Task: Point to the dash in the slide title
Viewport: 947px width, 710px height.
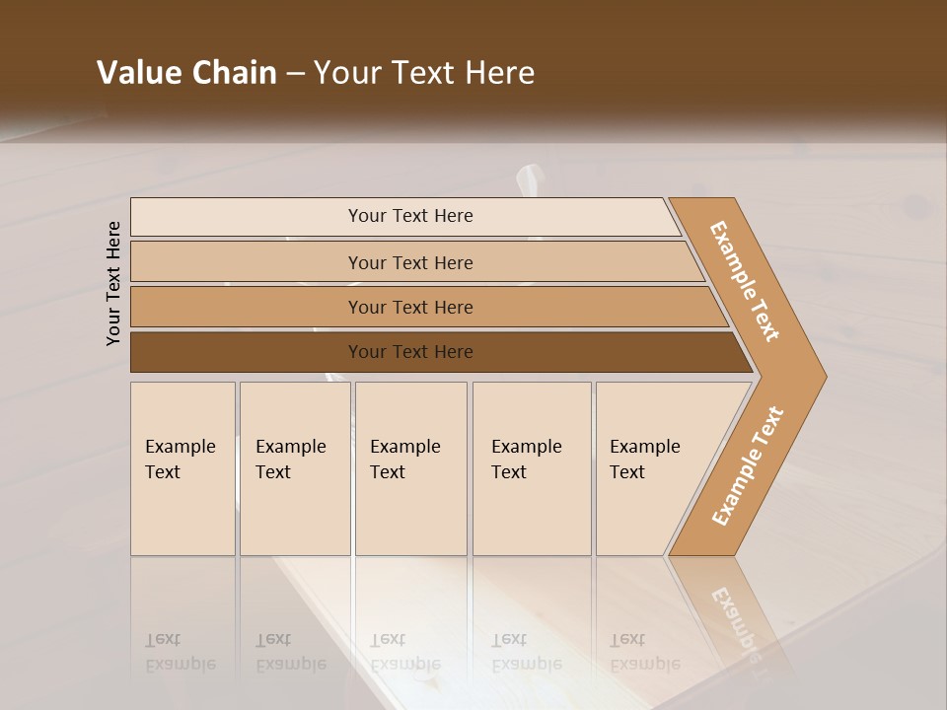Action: point(295,74)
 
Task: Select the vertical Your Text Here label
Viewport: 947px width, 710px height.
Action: point(113,283)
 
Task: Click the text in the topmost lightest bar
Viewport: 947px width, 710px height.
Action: point(410,216)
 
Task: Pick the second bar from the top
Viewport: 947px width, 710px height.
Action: point(410,262)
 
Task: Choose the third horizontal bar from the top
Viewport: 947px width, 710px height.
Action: point(410,307)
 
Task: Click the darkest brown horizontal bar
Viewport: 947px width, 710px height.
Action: point(410,352)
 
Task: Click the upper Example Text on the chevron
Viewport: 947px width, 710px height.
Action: point(745,281)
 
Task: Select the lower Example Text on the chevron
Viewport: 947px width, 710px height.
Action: point(747,466)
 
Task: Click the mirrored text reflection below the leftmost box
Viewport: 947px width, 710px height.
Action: point(182,652)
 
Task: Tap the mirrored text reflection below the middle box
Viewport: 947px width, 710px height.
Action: point(405,652)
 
